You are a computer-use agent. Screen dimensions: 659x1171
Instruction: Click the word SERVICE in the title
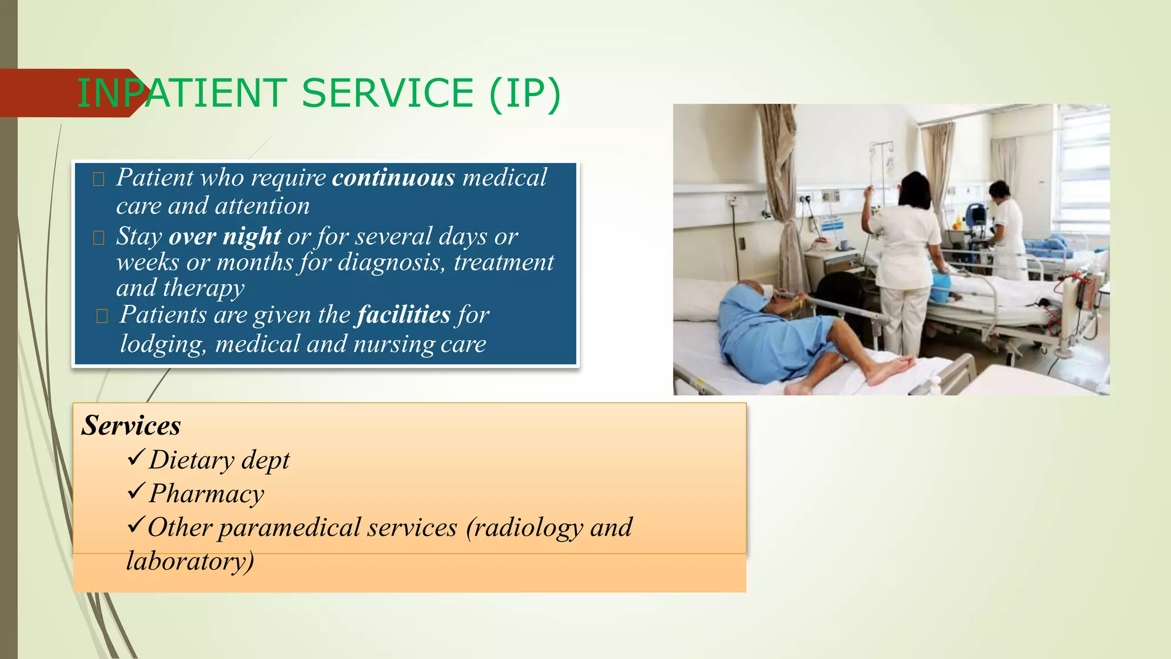(387, 93)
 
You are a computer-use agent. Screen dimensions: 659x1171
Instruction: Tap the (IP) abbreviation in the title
(525, 93)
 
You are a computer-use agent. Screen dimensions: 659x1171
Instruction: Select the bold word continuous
(393, 178)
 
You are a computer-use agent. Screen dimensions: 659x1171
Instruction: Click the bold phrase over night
(225, 236)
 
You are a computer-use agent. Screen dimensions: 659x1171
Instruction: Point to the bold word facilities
(404, 315)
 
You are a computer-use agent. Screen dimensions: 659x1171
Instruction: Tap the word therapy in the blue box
(204, 288)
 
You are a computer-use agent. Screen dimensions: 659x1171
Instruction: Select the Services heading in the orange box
(131, 426)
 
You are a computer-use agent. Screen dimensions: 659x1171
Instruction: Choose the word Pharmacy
(206, 494)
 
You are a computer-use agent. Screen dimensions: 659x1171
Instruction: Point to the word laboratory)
(190, 561)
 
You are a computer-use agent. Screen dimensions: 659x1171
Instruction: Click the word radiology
(524, 527)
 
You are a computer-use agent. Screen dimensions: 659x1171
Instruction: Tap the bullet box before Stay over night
(98, 238)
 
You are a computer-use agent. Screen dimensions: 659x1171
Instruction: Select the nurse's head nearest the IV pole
(914, 189)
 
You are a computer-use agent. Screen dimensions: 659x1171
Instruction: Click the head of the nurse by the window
(999, 190)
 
